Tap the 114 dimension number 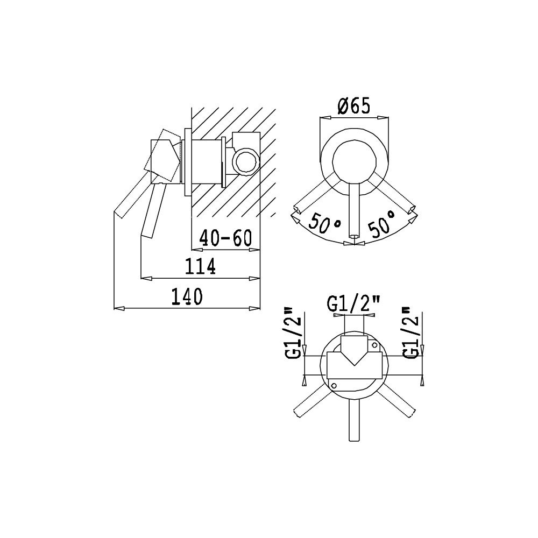pos(200,266)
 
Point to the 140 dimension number pos(187,296)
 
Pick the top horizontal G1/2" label pos(353,304)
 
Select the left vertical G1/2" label pos(294,334)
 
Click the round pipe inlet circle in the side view pos(245,160)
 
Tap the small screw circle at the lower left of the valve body pos(334,385)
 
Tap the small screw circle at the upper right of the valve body pos(374,344)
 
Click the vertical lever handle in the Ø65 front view pos(354,210)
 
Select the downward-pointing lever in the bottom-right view pos(354,420)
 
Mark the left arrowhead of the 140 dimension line pos(119,308)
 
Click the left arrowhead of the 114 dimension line pos(146,278)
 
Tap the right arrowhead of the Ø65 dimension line pos(384,118)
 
